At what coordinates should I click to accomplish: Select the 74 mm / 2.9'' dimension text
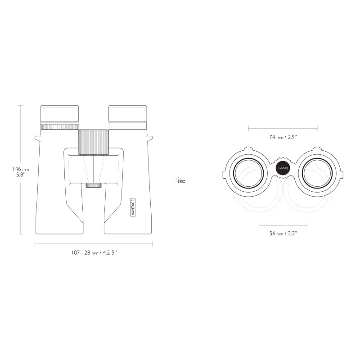[283, 137]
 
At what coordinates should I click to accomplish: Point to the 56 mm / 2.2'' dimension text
[283, 234]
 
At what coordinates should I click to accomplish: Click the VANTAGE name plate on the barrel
[133, 207]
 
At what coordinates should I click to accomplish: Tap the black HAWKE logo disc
[283, 168]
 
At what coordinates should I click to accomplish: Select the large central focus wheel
[94, 142]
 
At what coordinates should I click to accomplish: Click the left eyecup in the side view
[59, 114]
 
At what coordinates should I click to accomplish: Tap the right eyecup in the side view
[128, 114]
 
